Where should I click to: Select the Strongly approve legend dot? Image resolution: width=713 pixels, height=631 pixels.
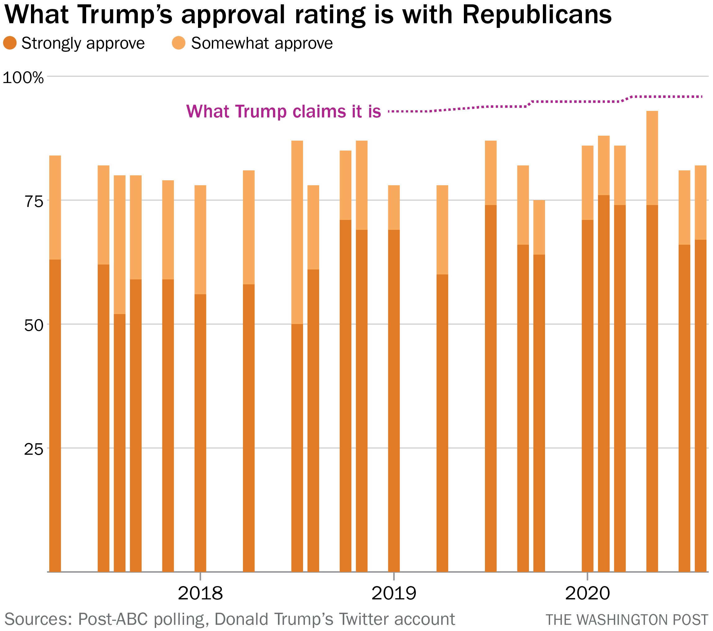coord(10,43)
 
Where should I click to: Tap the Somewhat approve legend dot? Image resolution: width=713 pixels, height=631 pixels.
coord(178,43)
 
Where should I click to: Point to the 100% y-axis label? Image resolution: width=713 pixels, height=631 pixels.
coord(23,77)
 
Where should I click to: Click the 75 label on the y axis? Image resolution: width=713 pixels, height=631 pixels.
coord(33,201)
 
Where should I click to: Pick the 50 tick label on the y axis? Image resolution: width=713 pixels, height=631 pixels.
coord(33,326)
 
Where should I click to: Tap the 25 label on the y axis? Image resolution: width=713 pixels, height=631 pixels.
coord(33,449)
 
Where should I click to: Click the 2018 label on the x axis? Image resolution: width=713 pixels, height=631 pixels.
coord(200,593)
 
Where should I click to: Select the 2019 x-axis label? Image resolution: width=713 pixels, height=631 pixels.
coord(394,593)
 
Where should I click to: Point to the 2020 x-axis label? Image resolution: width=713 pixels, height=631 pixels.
coord(588,593)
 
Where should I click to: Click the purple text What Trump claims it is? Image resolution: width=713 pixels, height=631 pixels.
coord(284,112)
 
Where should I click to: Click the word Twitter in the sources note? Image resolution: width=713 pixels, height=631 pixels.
coord(364,619)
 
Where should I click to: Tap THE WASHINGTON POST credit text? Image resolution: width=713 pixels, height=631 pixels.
coord(627,620)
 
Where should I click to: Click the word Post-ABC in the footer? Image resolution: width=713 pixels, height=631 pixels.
coord(113,619)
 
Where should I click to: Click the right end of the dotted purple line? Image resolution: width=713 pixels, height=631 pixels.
coord(702,97)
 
